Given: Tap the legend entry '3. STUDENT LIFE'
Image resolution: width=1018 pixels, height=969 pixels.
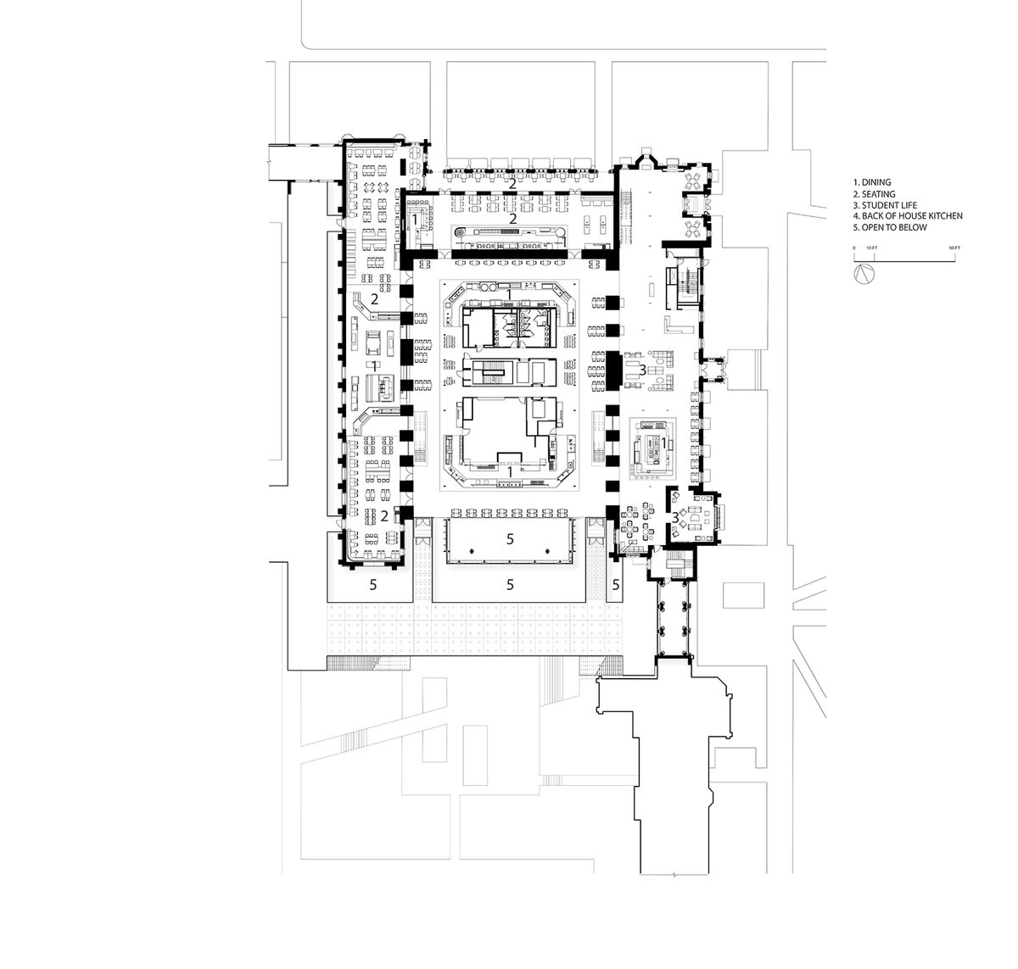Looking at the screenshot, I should click(881, 205).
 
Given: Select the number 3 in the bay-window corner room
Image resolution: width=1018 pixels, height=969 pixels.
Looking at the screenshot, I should click(675, 516).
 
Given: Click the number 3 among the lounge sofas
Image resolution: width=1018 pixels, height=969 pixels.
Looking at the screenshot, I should click(643, 369).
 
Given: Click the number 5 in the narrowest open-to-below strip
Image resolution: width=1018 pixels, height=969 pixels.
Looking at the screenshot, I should click(616, 583).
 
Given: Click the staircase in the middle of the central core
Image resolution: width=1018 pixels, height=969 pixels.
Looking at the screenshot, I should click(487, 373).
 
